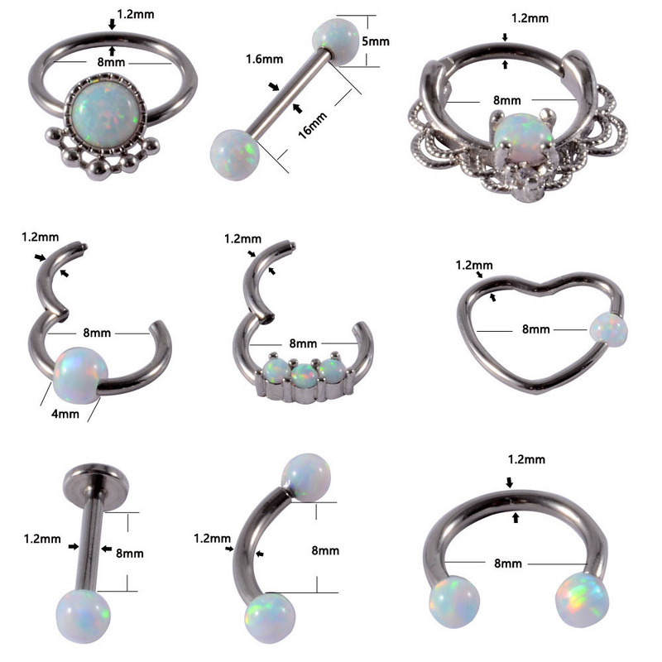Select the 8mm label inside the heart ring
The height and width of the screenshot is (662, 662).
535,329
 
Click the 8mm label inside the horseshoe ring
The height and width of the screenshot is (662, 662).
509,563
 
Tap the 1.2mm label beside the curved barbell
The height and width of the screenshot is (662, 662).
211,538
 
